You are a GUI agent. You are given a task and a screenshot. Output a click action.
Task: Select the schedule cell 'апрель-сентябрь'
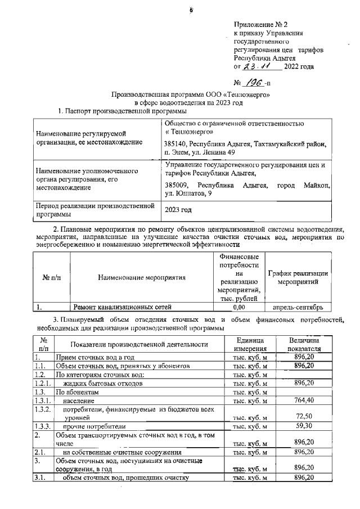pyautogui.click(x=297, y=307)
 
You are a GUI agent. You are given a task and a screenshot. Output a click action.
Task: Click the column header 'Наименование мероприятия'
pyautogui.click(x=141, y=278)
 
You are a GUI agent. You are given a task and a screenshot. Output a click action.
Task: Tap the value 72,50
pyautogui.click(x=303, y=416)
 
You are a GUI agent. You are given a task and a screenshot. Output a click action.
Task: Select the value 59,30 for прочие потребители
pyautogui.click(x=303, y=426)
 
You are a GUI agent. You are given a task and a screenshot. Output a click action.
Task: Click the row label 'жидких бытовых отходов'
pyautogui.click(x=101, y=383)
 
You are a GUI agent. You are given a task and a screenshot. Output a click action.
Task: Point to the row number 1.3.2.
pyautogui.click(x=43, y=411)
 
